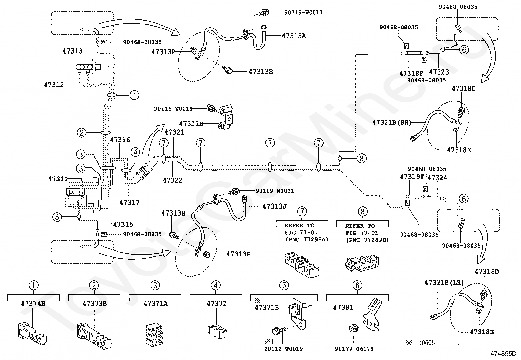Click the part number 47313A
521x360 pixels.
(294, 36)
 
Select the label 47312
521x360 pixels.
(54, 85)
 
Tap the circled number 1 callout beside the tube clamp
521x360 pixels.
(134, 95)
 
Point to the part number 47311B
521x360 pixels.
(191, 123)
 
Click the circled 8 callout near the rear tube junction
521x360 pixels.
(361, 158)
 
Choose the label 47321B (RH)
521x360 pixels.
(392, 122)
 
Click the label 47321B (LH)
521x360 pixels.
(444, 282)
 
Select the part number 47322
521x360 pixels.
(172, 180)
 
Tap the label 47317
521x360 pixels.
(129, 202)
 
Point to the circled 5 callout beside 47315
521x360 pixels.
(57, 217)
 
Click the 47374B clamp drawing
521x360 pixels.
(32, 333)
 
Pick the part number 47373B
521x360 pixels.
(95, 303)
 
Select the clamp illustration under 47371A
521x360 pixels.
(154, 334)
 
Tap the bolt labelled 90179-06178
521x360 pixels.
(353, 328)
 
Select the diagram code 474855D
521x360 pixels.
(503, 354)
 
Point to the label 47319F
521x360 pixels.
(412, 177)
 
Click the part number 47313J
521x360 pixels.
(275, 206)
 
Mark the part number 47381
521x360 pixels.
(343, 307)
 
